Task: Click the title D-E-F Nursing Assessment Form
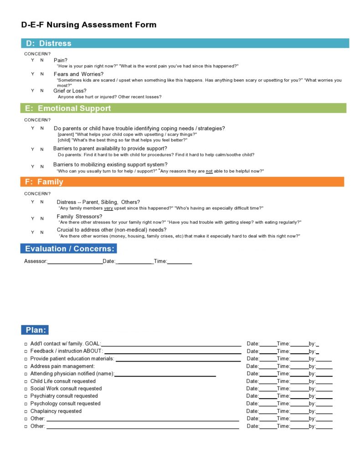tap(89, 25)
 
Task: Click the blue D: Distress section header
tap(185, 43)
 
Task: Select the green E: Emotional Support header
tap(183, 108)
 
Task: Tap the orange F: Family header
tap(182, 181)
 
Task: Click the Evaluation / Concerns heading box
tap(68, 249)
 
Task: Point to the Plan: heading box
tap(35, 330)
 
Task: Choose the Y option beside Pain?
tap(32, 60)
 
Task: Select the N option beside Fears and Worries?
tap(42, 74)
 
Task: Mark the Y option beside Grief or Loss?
tap(32, 90)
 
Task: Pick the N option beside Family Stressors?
tap(42, 218)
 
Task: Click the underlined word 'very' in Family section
tap(108, 208)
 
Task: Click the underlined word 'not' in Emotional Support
tap(209, 171)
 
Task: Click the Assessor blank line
tap(75, 262)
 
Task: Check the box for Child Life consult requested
tap(26, 382)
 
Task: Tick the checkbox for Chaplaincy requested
tap(26, 411)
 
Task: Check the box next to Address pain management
tap(26, 367)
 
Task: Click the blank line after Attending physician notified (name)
tap(165, 374)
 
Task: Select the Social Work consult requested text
tap(66, 388)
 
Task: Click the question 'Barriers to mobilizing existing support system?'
tap(110, 165)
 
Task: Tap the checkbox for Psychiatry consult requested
tap(26, 396)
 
